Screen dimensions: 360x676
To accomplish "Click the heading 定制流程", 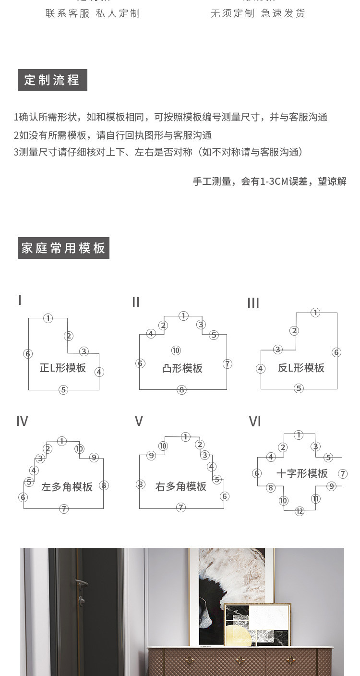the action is coord(52,80).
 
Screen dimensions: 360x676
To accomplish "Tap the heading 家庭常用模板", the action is coord(63,248).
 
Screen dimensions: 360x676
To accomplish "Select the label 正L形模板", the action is coord(63,368).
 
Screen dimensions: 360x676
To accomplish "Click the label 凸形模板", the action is coord(182,368).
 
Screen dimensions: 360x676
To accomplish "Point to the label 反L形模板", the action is coord(301,368).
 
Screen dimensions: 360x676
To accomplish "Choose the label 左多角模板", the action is coord(67,487).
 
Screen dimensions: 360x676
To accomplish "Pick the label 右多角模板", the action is coord(181,486).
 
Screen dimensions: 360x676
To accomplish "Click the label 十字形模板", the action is coord(302,473).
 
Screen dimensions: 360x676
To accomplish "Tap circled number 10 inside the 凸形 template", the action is coord(176,350).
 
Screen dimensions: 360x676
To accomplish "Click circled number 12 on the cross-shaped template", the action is coord(300,511).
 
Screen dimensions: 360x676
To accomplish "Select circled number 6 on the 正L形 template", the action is coord(28,354).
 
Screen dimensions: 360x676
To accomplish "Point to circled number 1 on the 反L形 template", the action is coord(315,313).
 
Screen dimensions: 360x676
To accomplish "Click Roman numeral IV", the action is coord(22,421).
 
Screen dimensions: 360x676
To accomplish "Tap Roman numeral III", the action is coord(253,303).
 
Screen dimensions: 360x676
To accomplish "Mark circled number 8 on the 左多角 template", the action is coord(104,485).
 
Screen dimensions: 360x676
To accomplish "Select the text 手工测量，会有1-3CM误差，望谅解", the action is coord(269,181).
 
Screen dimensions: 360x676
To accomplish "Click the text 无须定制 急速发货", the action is coord(258,13).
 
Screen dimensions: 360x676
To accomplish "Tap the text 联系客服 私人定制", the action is coord(93,13).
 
